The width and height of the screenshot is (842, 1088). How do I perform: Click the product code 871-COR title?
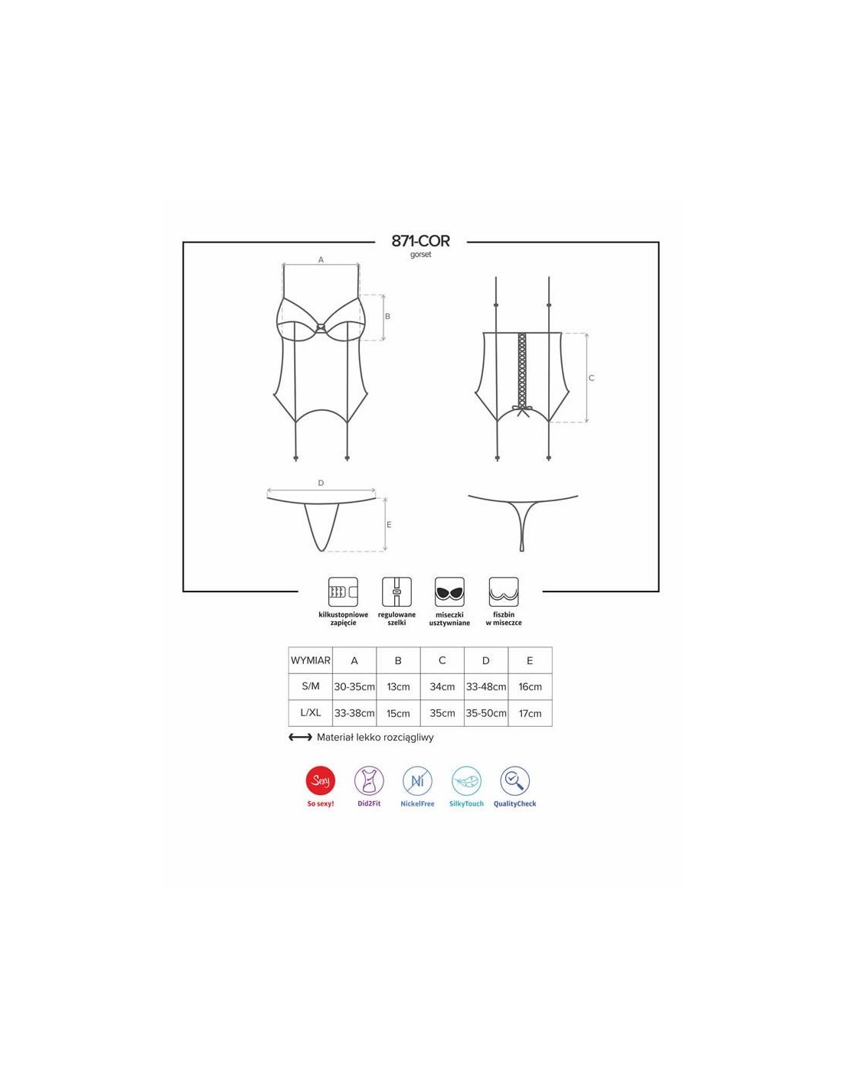pyautogui.click(x=420, y=241)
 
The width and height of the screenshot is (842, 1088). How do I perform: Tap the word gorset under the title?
pyautogui.click(x=420, y=255)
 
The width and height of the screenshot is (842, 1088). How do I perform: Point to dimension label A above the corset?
pyautogui.click(x=321, y=260)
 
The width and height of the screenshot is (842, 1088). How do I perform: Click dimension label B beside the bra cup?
pyautogui.click(x=387, y=317)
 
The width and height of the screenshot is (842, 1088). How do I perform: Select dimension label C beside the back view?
pyautogui.click(x=591, y=378)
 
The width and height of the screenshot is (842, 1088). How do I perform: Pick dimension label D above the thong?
pyautogui.click(x=321, y=483)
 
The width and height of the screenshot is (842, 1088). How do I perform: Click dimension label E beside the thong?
pyautogui.click(x=389, y=525)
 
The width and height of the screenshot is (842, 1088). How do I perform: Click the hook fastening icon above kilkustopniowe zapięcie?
pyautogui.click(x=343, y=591)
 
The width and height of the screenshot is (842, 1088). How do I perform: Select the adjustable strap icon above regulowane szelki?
pyautogui.click(x=397, y=591)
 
